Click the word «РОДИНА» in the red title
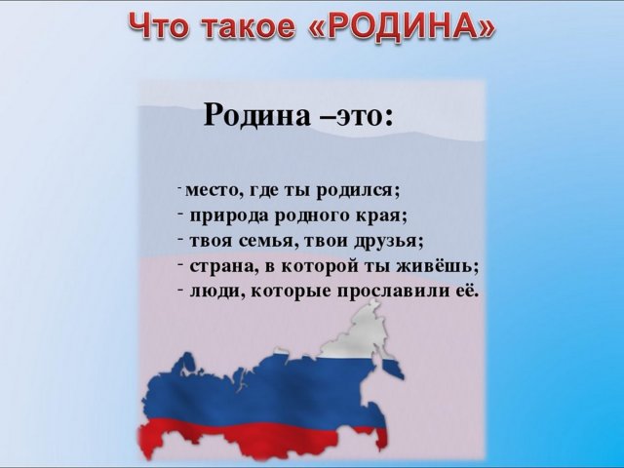(402, 26)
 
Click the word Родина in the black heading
(256, 115)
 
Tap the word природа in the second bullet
(229, 217)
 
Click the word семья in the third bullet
(268, 242)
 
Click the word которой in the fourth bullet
(320, 267)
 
